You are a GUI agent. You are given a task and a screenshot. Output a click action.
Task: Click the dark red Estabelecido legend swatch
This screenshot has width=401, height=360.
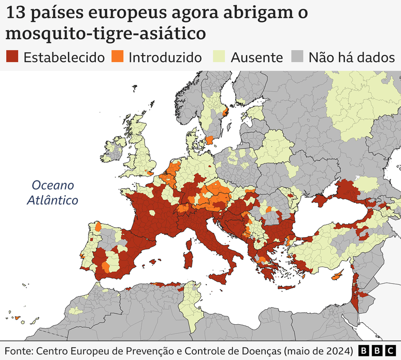click(x=12, y=57)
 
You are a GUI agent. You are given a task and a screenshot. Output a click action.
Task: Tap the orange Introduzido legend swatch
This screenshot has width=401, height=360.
click(x=118, y=57)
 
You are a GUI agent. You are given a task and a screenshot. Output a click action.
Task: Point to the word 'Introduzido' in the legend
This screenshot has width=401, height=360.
click(x=165, y=57)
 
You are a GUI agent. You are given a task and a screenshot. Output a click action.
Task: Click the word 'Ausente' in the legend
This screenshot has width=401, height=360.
click(x=257, y=57)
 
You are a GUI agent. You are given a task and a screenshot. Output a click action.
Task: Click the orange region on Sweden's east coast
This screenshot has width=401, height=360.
click(x=224, y=112)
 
